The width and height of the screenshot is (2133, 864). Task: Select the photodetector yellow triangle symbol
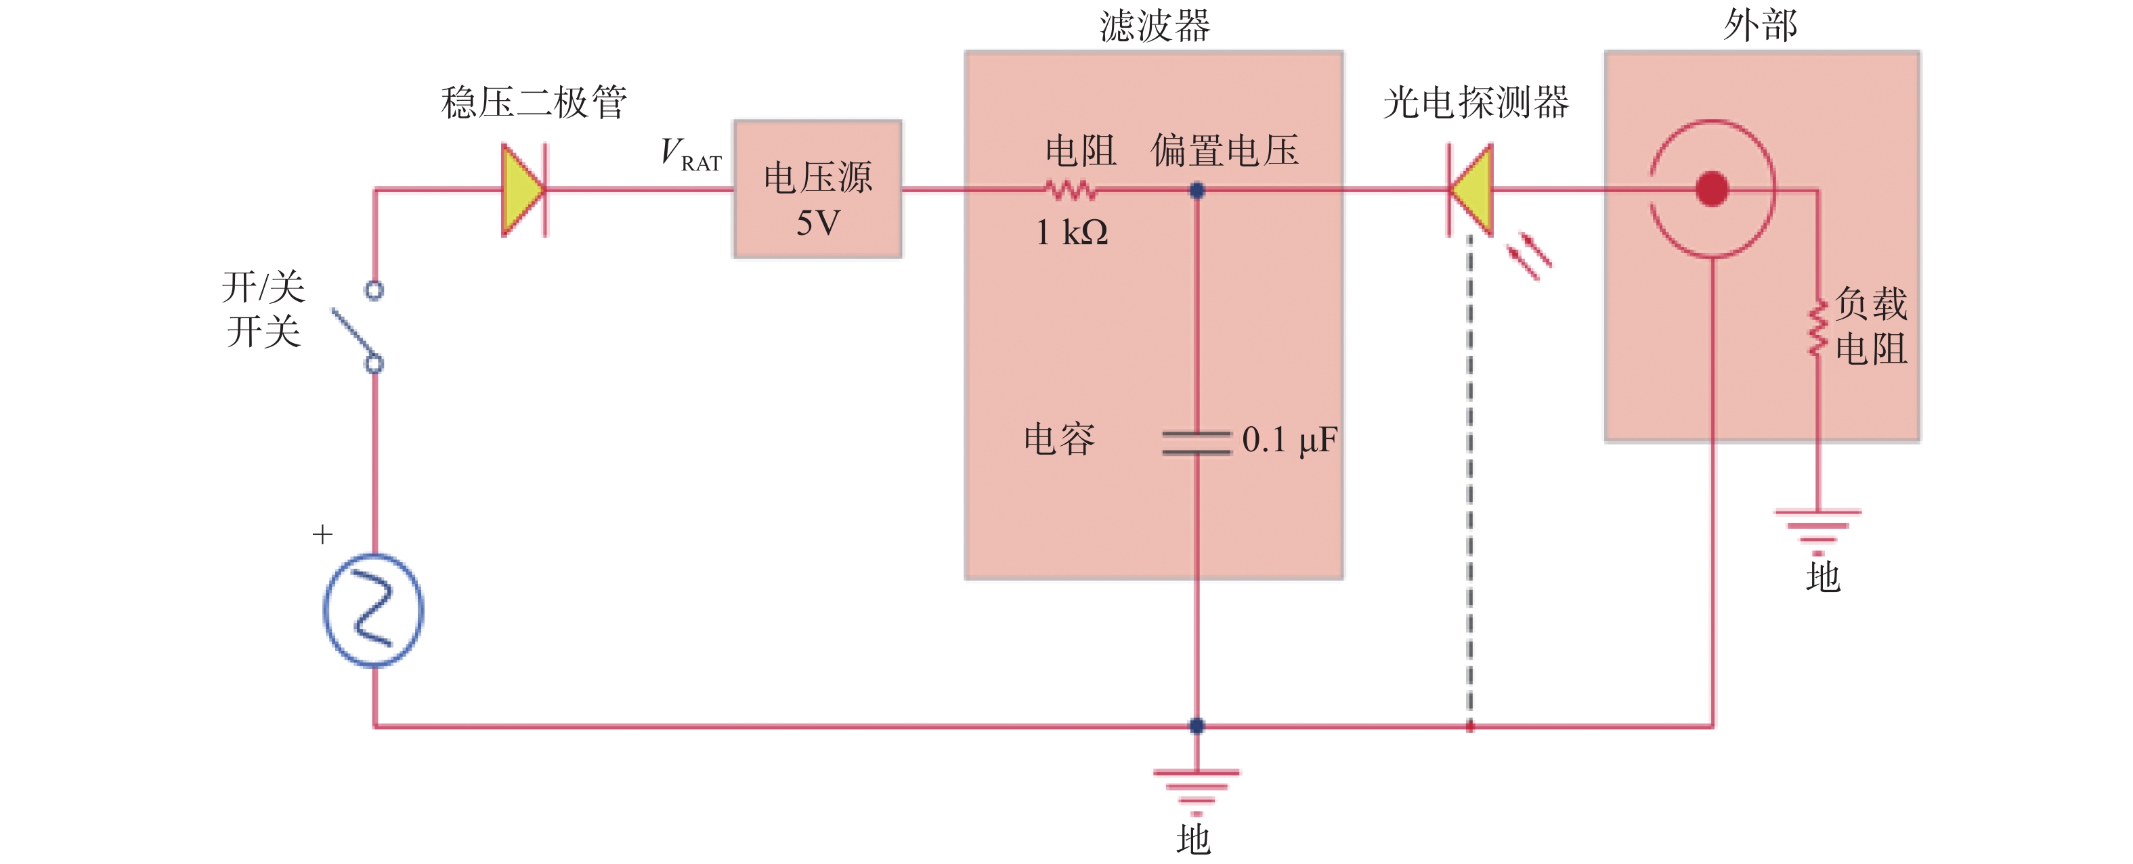(x=1471, y=190)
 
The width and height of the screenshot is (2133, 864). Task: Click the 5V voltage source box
(x=817, y=189)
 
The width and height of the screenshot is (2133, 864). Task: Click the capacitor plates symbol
(x=1197, y=442)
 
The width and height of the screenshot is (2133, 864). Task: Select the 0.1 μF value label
(x=1289, y=440)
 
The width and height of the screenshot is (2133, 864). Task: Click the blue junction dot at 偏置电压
(x=1197, y=190)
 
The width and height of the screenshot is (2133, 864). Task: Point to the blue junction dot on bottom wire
(x=1197, y=726)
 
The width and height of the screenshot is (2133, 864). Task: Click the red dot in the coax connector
(x=1712, y=189)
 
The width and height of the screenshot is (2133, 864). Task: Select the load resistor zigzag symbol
(x=1817, y=329)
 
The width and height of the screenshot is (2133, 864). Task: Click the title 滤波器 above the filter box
(x=1155, y=26)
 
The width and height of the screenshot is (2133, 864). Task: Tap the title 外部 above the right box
(x=1761, y=25)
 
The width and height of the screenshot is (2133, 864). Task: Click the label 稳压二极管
(x=534, y=103)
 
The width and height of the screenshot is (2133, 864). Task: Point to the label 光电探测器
(x=1476, y=103)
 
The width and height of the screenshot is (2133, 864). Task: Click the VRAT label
(x=691, y=155)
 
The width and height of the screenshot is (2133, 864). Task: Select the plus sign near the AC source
(x=322, y=535)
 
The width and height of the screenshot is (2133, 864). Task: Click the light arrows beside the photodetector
(x=1528, y=256)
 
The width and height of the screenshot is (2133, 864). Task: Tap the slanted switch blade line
(x=354, y=335)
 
